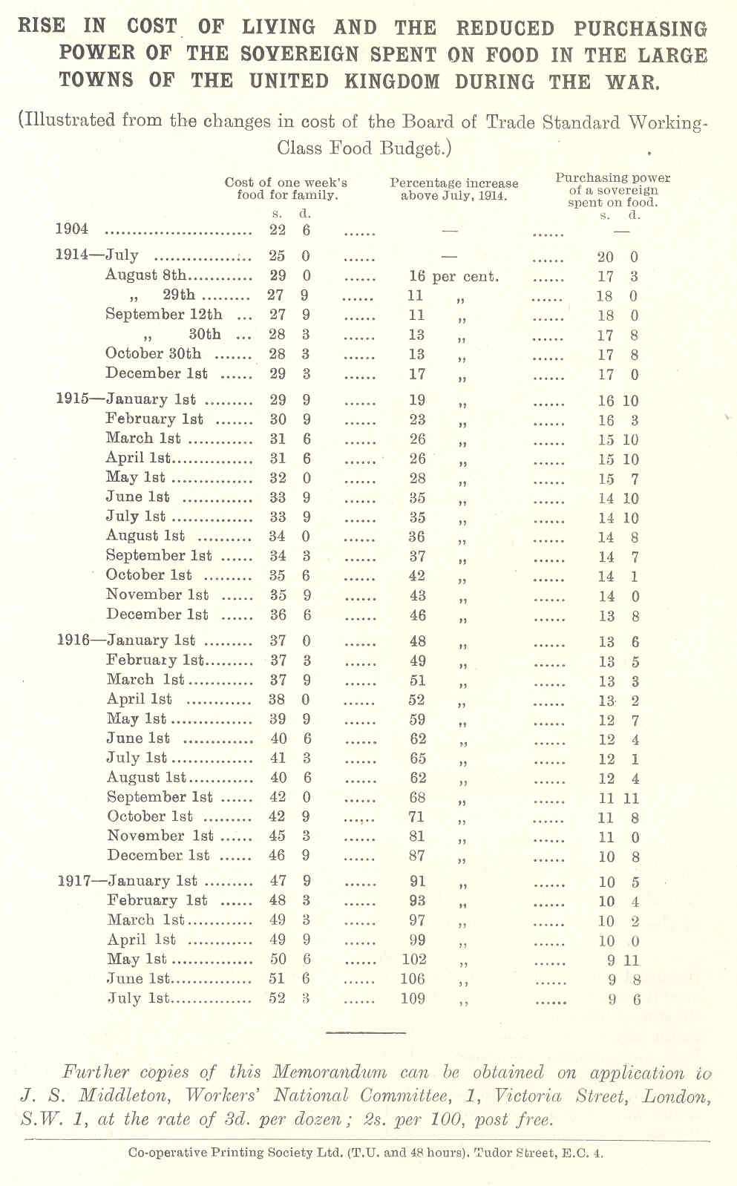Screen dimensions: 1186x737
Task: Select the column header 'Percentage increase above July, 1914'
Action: tap(454, 189)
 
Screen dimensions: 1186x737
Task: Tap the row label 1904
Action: tap(72, 229)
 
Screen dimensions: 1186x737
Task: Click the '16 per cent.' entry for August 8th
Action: tap(453, 276)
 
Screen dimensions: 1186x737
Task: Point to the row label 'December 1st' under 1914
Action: tap(156, 373)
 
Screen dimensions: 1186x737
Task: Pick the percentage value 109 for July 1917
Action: tap(413, 998)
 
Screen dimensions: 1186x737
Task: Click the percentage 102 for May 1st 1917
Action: tap(413, 959)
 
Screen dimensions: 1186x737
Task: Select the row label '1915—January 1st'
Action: tap(126, 399)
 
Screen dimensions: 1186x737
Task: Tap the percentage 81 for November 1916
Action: tap(417, 836)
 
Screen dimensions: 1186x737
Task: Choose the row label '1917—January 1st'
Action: tap(128, 881)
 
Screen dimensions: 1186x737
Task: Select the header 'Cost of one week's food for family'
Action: tap(286, 189)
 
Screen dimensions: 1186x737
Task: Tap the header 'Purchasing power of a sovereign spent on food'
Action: tap(613, 190)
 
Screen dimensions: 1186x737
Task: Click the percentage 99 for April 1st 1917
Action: tap(417, 940)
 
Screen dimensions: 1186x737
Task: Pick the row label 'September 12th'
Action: tap(163, 314)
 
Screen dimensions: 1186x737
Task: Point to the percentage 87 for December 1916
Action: tap(417, 855)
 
